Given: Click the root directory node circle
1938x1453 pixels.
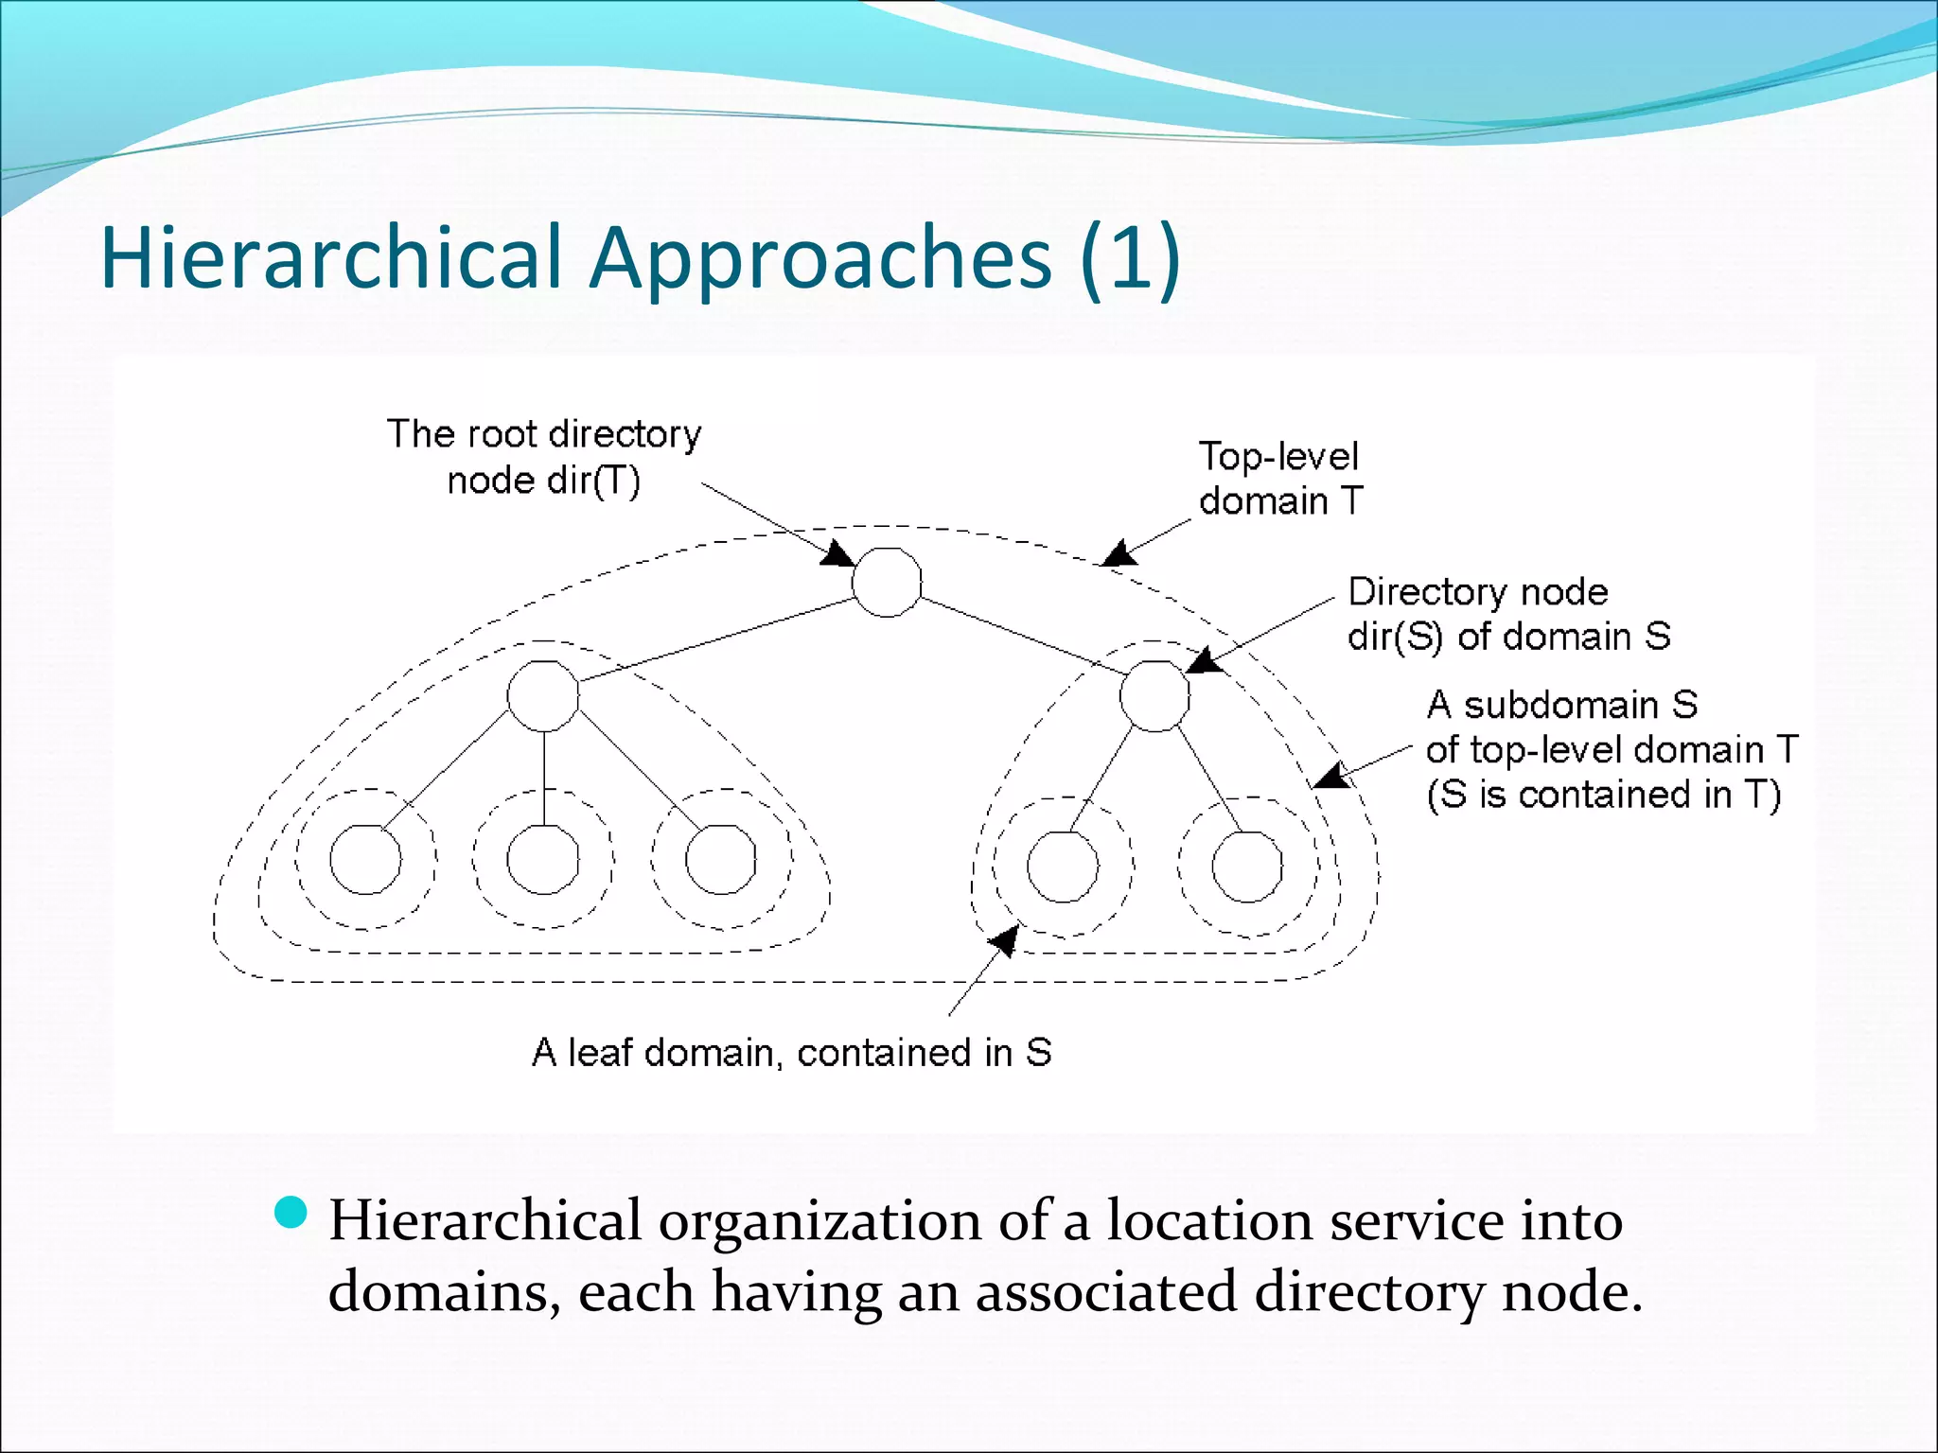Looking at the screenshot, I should [x=887, y=582].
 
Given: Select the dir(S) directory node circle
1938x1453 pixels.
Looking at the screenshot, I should [x=1154, y=695].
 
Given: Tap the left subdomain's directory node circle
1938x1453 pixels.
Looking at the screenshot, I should [x=543, y=696].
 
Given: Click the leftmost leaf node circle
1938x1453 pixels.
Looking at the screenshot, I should [x=365, y=859].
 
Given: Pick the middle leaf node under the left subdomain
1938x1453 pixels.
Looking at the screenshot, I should [x=543, y=859].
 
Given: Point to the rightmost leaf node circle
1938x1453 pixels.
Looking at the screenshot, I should [x=1246, y=867].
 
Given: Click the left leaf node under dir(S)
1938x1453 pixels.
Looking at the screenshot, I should [x=1063, y=867].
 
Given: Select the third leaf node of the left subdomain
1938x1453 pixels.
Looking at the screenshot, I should [x=720, y=859].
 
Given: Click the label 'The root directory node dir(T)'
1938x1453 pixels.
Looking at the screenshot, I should [x=544, y=457].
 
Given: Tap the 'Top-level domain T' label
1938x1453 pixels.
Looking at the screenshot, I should [x=1280, y=479].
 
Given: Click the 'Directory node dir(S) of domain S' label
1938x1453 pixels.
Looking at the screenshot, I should [x=1508, y=614].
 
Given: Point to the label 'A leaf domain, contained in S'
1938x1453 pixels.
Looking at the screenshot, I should [x=791, y=1052].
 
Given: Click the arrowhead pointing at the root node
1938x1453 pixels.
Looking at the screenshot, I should [x=837, y=553].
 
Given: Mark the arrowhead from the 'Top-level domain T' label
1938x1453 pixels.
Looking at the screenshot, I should [x=1120, y=553].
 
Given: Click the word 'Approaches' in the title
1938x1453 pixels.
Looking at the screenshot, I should [x=819, y=257].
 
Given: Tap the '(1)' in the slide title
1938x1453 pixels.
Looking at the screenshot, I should [x=1130, y=257].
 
